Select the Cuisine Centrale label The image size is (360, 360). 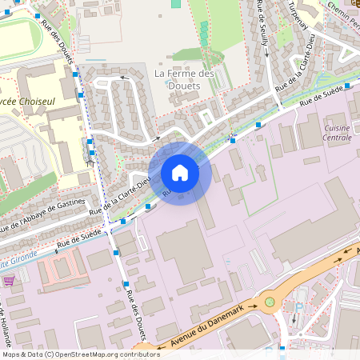(337, 132)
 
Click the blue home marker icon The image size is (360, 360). (180, 173)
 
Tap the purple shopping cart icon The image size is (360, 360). (9, 280)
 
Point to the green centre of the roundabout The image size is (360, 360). (270, 302)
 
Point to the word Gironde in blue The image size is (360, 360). (20, 261)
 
